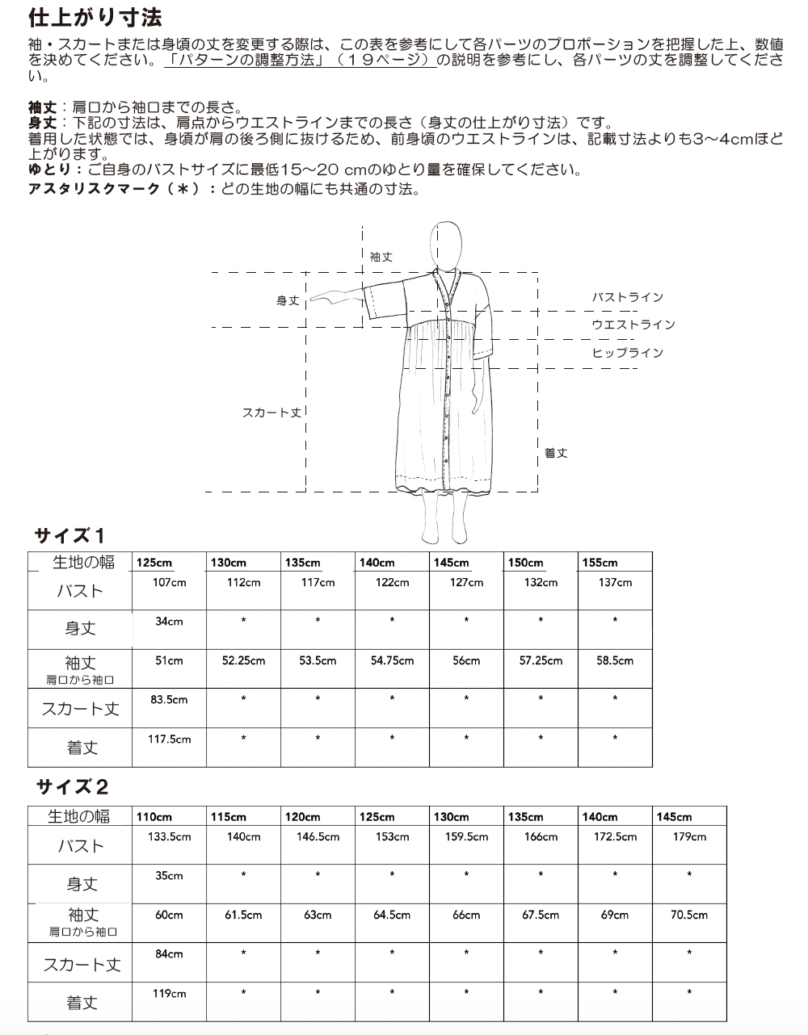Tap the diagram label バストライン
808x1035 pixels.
[627, 297]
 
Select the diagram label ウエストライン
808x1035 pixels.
[633, 325]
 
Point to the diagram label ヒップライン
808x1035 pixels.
[627, 353]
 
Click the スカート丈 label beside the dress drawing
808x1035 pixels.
[271, 413]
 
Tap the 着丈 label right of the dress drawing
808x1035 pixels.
[556, 453]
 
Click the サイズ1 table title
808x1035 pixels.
[69, 535]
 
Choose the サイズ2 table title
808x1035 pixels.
[71, 786]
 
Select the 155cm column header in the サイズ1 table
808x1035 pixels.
[599, 563]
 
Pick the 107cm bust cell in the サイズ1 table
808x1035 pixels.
[169, 582]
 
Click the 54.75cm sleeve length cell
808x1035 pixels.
[392, 660]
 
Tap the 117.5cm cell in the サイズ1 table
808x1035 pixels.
[169, 739]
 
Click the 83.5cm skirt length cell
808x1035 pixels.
[169, 699]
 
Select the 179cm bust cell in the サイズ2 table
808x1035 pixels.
[689, 836]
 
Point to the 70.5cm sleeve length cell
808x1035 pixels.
[689, 915]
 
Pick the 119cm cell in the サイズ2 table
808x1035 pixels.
[169, 993]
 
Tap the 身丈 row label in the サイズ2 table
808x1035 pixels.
[82, 885]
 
